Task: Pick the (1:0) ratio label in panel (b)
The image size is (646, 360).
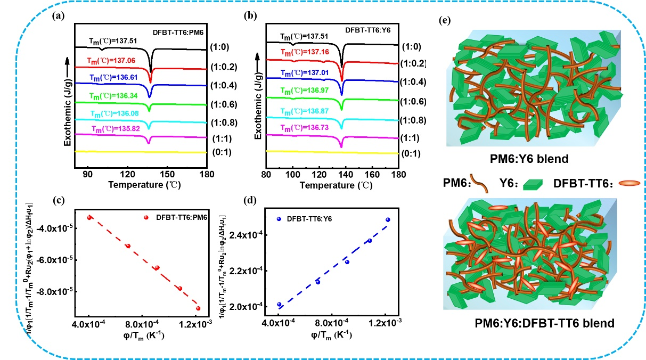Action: (x=412, y=46)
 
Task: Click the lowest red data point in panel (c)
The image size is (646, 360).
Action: (x=198, y=308)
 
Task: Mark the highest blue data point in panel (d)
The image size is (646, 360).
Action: (x=388, y=219)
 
